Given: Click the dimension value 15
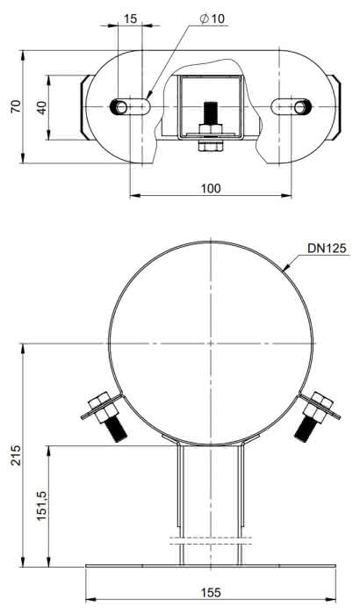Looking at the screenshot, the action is (x=131, y=18).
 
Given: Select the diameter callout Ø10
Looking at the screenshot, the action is (x=212, y=18).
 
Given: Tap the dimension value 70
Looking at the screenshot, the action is (x=16, y=106).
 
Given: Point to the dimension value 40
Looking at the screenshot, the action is (x=42, y=107).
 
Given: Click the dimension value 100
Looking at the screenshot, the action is (x=211, y=189).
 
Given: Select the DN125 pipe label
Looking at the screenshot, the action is (x=327, y=249).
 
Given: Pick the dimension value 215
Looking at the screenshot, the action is (x=16, y=455).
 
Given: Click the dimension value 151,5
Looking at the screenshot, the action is (x=41, y=506).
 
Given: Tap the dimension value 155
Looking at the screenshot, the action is (x=211, y=592).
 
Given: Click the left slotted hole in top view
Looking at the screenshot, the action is (x=130, y=106).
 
